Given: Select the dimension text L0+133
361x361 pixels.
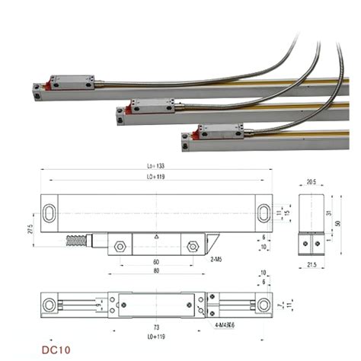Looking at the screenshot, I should tap(155, 167).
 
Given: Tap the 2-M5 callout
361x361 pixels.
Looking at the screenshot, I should tap(217, 260).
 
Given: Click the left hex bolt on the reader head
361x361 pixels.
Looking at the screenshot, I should tap(120, 247).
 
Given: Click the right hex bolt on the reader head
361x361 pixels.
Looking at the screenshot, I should tap(192, 247).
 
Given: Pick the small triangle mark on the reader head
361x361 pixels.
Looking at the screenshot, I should tap(155, 238).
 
